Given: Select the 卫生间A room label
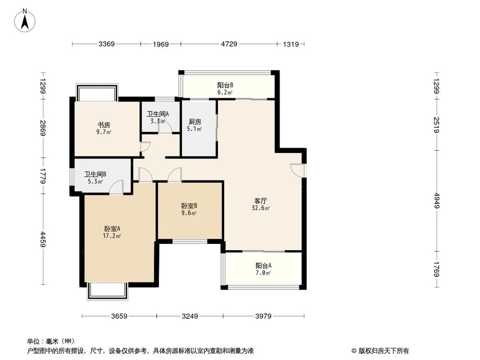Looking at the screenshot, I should [157, 114].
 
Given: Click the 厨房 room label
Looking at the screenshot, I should [194, 121].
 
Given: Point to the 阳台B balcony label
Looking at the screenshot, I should [225, 85].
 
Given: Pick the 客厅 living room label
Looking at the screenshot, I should [261, 201].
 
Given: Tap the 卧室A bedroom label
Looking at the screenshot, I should [112, 229].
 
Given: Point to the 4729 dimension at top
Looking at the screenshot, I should [229, 45].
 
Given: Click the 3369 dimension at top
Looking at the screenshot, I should [107, 45].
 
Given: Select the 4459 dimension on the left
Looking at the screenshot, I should [43, 239].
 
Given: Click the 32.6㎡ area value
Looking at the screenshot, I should [261, 208].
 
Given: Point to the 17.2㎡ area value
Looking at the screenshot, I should [112, 236].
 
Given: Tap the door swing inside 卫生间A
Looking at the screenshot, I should [166, 126].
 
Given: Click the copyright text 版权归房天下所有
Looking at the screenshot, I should [383, 350].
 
